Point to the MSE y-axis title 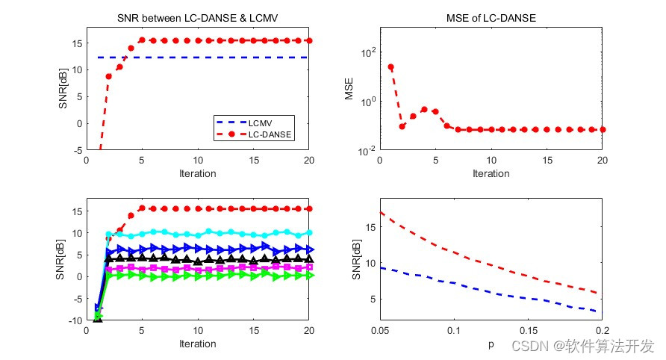pyautogui.click(x=349, y=89)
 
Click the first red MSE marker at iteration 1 pyautogui.click(x=390, y=67)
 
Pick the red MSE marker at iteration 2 pyautogui.click(x=402, y=126)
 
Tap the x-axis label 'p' pyautogui.click(x=491, y=344)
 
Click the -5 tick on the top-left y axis pyautogui.click(x=78, y=150)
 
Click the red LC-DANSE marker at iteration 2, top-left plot pyautogui.click(x=109, y=76)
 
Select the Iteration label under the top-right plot pyautogui.click(x=491, y=173)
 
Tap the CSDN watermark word pyautogui.click(x=525, y=346)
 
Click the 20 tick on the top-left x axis pyautogui.click(x=309, y=161)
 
